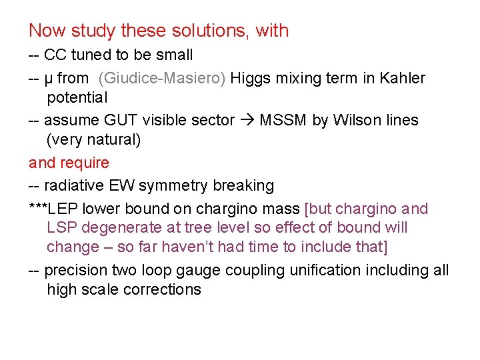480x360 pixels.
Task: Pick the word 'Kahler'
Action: (x=402, y=79)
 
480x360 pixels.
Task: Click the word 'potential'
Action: (x=77, y=98)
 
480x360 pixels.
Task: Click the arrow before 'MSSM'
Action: (x=247, y=121)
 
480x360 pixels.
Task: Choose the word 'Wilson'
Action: (x=351, y=121)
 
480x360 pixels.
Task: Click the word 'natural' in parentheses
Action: (x=113, y=140)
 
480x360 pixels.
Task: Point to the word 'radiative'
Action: (x=73, y=185)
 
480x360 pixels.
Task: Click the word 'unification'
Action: (x=320, y=270)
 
